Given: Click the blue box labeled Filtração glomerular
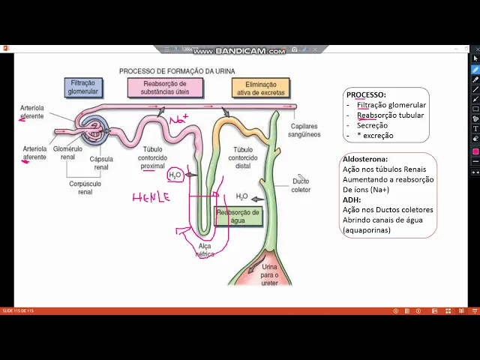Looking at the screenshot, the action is [82, 88].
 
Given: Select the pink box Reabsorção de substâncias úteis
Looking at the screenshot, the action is [164, 88].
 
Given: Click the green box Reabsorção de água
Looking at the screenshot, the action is [238, 217].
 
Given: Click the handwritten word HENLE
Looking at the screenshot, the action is [151, 198].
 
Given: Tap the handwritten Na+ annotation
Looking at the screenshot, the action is [178, 119].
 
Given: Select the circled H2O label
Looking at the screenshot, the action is [175, 175].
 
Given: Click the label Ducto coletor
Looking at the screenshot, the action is [301, 185].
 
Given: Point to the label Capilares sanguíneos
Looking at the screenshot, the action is [304, 130].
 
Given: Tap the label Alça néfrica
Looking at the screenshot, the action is [205, 250].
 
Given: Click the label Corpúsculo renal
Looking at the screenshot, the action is [80, 187].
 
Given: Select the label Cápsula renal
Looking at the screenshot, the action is [101, 163].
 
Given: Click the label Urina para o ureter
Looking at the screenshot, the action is [269, 274].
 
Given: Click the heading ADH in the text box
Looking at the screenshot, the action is [351, 200].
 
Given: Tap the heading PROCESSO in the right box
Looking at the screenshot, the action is [366, 95].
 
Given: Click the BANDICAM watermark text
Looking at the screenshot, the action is [239, 51].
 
